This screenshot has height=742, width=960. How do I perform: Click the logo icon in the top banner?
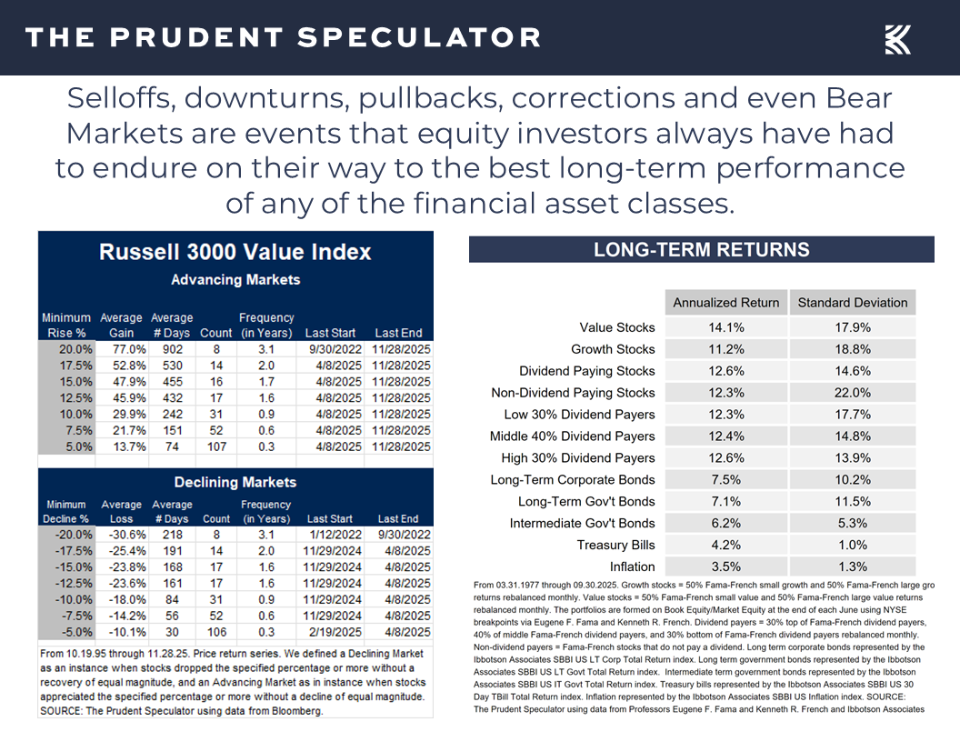[897, 39]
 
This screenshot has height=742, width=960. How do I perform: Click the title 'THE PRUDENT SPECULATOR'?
[283, 38]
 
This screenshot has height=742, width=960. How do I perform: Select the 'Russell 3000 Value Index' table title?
[235, 252]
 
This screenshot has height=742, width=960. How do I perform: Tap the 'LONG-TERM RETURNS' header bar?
[701, 250]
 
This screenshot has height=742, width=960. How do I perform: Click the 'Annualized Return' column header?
[725, 303]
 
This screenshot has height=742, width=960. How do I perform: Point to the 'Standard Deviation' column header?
[852, 303]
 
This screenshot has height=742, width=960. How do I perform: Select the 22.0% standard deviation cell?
[853, 393]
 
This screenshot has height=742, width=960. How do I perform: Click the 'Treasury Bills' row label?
[615, 545]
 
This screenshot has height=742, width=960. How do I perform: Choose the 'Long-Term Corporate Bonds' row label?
[573, 479]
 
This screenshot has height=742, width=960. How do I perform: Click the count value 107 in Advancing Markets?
[215, 446]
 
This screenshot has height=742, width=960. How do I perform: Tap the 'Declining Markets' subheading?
[235, 482]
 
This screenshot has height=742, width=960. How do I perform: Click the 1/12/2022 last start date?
[329, 535]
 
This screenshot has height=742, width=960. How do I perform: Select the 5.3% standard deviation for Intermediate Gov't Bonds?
[853, 523]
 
